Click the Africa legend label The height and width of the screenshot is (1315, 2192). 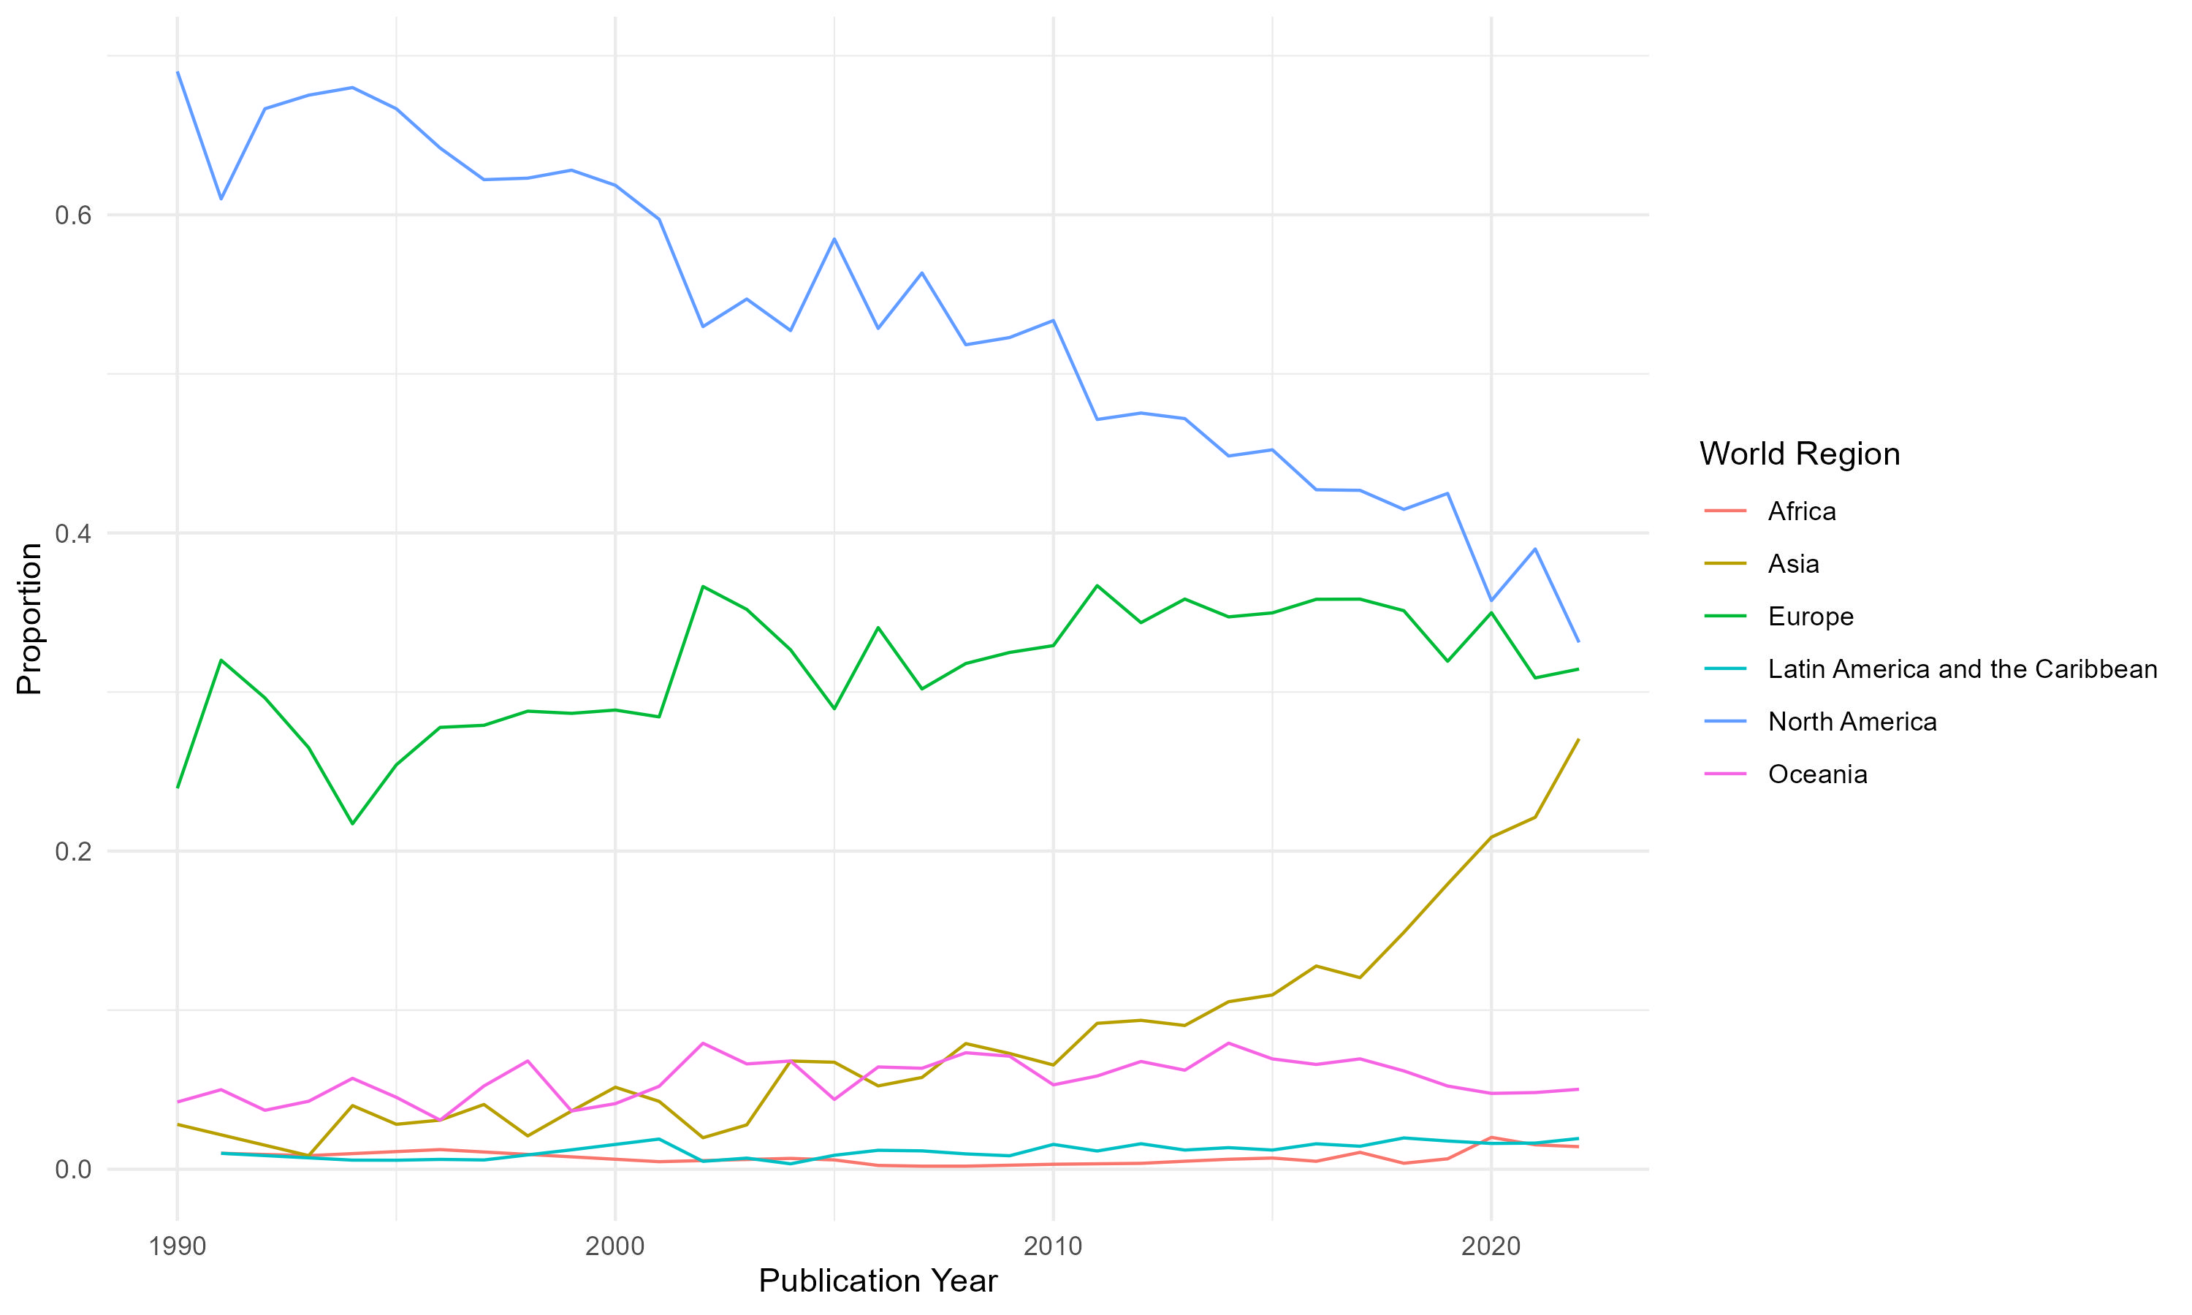(x=1801, y=511)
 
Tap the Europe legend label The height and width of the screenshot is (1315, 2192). (x=1810, y=617)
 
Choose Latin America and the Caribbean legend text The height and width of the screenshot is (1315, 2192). (x=1962, y=669)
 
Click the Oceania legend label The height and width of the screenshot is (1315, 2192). (x=1817, y=774)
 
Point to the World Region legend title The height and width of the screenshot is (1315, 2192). (x=1799, y=454)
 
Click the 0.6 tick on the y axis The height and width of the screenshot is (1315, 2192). (x=74, y=216)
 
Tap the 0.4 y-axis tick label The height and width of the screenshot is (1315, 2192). (x=74, y=533)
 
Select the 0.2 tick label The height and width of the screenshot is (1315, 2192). (x=74, y=852)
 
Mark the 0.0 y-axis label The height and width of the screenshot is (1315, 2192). (x=74, y=1170)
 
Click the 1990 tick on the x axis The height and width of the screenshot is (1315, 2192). (x=178, y=1247)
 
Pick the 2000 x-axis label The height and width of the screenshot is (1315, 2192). (x=615, y=1247)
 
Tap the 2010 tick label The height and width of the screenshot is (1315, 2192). (x=1053, y=1247)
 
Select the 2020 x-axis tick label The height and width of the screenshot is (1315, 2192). (x=1491, y=1247)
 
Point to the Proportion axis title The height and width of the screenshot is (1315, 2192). (x=29, y=619)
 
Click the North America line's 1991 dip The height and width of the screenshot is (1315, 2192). (x=221, y=199)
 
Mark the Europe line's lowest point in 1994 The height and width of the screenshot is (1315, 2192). (x=353, y=824)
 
